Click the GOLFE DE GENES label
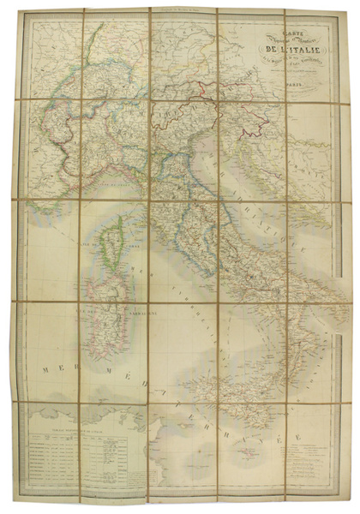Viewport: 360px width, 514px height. [111, 183]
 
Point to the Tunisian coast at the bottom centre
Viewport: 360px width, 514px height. [163, 445]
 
